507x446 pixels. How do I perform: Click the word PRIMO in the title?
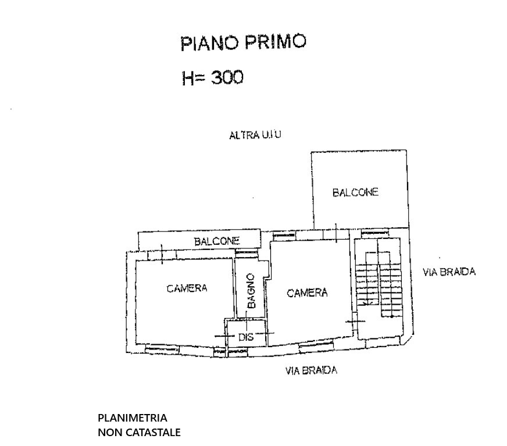(x=275, y=41)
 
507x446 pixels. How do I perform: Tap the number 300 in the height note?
(x=227, y=77)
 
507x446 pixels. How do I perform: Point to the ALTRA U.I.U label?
(x=255, y=135)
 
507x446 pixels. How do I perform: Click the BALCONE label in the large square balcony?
(x=355, y=192)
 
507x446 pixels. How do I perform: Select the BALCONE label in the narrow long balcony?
(x=217, y=241)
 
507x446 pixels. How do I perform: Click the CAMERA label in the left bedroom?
(x=187, y=288)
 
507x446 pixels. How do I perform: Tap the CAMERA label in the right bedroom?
(x=307, y=293)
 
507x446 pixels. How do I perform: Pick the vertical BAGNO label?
(x=251, y=291)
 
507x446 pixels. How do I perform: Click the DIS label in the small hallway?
(x=246, y=337)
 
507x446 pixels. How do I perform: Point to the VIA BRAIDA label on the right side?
(x=449, y=272)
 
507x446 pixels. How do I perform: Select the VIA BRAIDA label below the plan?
(x=311, y=370)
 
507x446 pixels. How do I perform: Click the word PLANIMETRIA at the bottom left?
(x=133, y=418)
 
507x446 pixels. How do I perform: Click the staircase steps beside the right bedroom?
(x=379, y=284)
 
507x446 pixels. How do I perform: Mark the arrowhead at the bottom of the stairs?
(x=366, y=304)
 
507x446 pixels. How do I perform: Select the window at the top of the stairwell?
(x=375, y=233)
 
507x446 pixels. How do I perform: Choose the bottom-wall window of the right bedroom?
(x=316, y=347)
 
